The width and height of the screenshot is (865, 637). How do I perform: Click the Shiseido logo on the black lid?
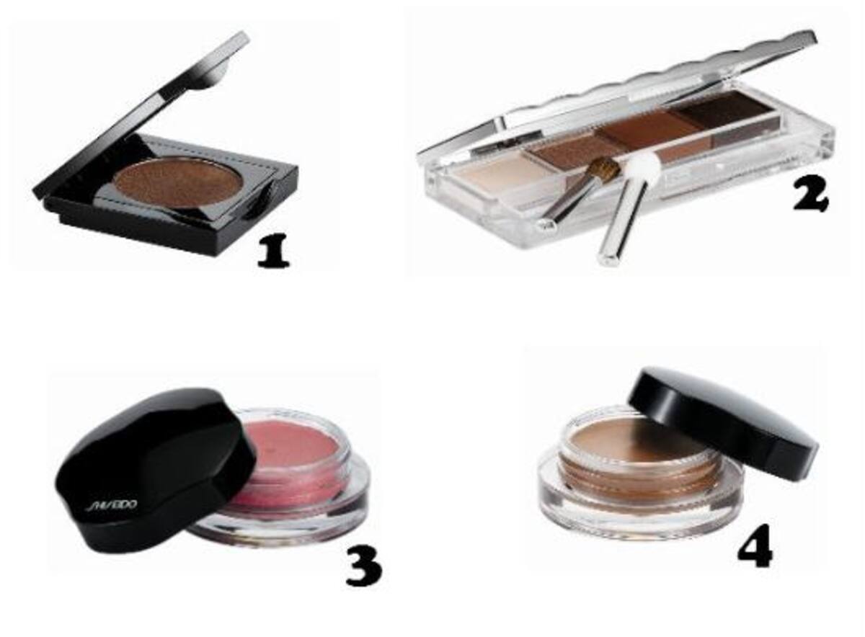(110, 507)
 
